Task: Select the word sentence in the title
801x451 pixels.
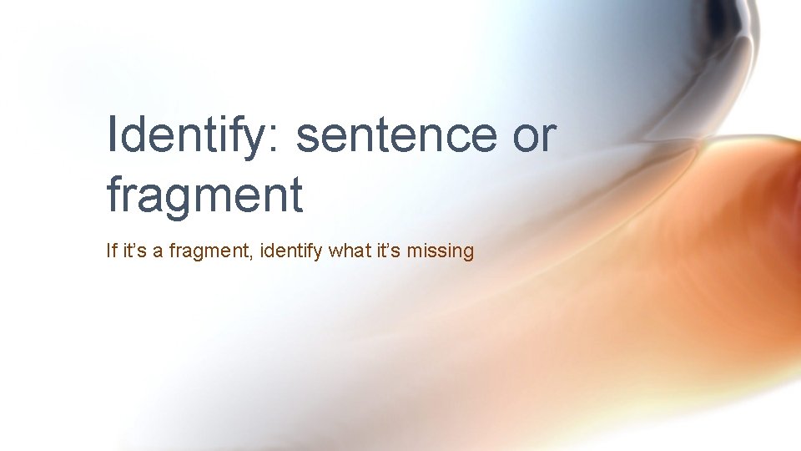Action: tap(396, 137)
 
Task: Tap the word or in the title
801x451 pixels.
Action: tap(534, 137)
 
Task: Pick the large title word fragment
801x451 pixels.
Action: tap(204, 195)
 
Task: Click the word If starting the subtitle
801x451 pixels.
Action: tap(112, 250)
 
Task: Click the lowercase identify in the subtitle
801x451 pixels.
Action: tap(292, 251)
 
